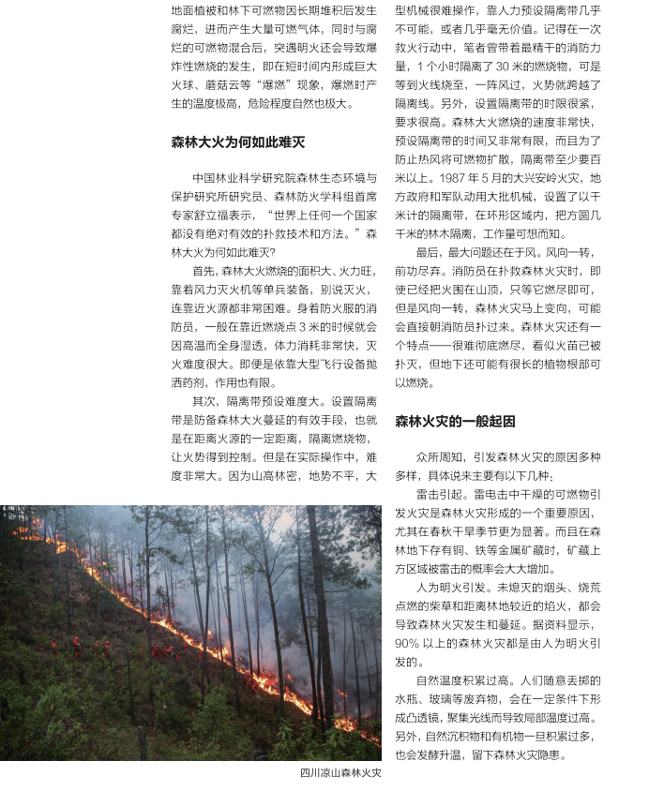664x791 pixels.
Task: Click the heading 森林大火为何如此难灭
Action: [x=237, y=142]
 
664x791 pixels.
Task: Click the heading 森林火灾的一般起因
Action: [x=455, y=421]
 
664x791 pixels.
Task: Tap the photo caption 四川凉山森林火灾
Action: [x=340, y=774]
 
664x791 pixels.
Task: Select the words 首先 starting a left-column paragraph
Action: [x=204, y=270]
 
